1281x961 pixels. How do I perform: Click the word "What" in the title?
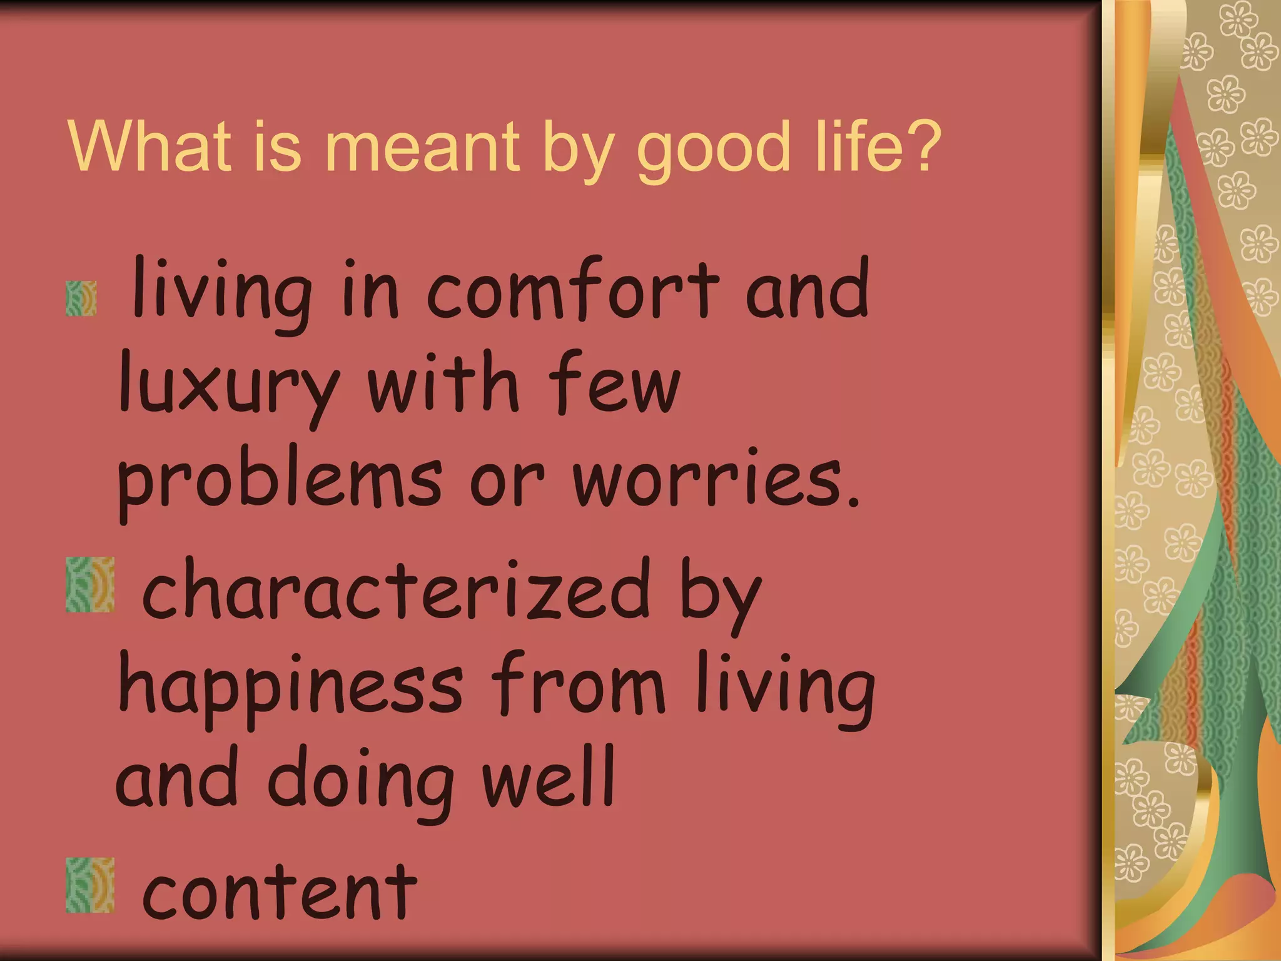tap(149, 146)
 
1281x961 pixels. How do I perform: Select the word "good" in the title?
tap(712, 150)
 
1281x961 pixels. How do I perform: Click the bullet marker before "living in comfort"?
tap(81, 298)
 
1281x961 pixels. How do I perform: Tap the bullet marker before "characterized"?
tap(90, 584)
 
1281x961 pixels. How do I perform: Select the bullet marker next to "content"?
tap(90, 885)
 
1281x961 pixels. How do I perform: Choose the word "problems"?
tap(280, 482)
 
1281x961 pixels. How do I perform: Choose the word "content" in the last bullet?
tap(280, 891)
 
